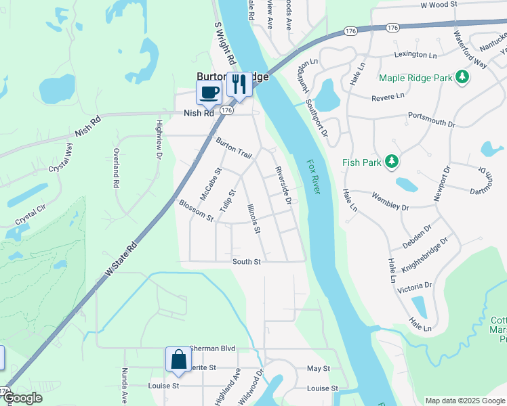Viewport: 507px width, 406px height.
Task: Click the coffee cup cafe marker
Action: [x=209, y=92]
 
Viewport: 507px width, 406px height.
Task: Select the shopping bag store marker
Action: [x=178, y=360]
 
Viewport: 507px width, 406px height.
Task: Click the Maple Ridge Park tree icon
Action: [x=463, y=78]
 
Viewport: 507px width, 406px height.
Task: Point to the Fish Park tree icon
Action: [x=390, y=162]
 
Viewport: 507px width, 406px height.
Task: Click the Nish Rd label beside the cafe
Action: [x=199, y=114]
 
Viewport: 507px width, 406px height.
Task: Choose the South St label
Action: [x=247, y=262]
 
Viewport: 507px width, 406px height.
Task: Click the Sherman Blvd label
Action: [x=212, y=348]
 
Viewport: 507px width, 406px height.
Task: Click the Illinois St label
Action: [x=254, y=219]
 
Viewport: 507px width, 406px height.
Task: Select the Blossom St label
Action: [x=196, y=210]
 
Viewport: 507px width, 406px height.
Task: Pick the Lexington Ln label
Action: [x=415, y=54]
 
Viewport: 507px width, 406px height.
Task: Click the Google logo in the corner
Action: [x=22, y=398]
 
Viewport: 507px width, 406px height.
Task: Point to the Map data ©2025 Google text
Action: [x=464, y=401]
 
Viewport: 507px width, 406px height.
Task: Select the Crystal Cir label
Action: [x=31, y=217]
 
